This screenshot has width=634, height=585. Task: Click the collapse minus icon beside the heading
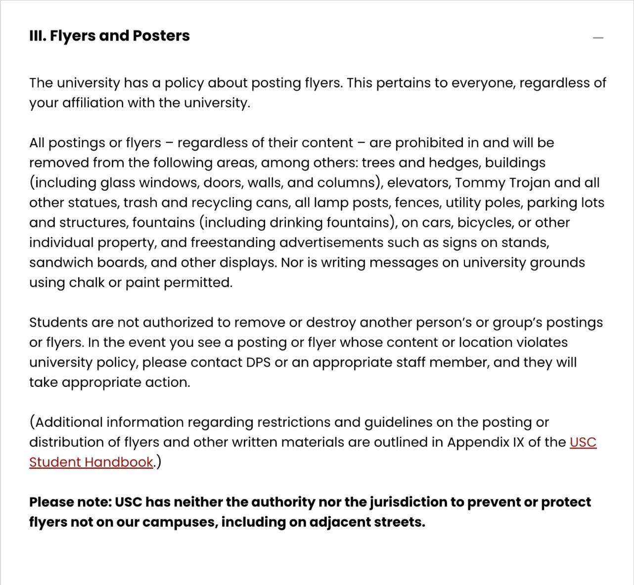[x=598, y=38]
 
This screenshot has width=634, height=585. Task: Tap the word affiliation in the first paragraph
[x=93, y=103]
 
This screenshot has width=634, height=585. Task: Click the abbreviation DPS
[x=258, y=363]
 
